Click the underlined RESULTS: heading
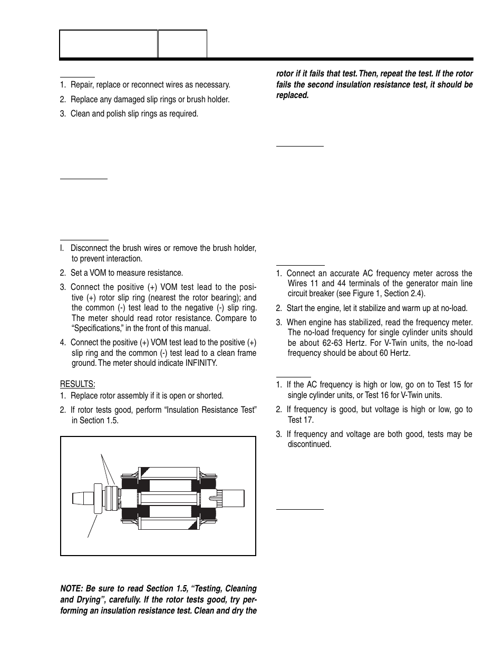(78, 383)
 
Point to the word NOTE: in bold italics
(74, 588)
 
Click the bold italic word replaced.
(292, 95)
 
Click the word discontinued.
(309, 444)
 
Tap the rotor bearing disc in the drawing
(97, 498)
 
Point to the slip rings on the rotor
(111, 497)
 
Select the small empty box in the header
(182, 43)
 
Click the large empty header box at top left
(109, 43)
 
